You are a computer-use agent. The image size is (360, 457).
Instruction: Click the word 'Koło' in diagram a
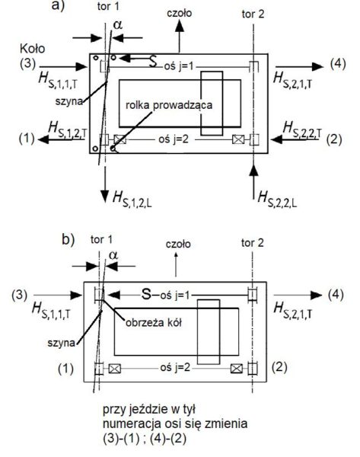(x=32, y=49)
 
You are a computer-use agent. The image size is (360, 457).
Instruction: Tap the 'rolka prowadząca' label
(x=169, y=105)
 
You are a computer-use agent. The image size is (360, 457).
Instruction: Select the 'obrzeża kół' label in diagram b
(x=154, y=323)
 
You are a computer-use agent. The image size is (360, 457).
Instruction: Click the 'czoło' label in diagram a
(x=179, y=13)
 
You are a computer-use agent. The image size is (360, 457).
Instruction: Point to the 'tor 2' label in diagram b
(x=252, y=243)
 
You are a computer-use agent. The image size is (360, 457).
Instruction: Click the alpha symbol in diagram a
(x=118, y=25)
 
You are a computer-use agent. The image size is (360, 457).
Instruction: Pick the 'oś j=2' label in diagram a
(x=174, y=139)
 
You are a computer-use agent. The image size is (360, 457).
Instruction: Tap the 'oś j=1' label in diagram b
(x=174, y=296)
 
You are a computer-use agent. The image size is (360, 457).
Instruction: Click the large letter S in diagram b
(x=146, y=294)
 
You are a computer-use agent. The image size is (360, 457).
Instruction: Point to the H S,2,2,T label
(x=302, y=129)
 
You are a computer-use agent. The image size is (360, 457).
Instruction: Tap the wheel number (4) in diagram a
(x=338, y=64)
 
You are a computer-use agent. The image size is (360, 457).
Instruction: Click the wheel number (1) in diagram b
(x=65, y=369)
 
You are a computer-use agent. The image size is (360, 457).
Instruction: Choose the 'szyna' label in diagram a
(x=69, y=101)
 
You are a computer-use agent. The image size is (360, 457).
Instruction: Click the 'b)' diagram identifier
(x=68, y=240)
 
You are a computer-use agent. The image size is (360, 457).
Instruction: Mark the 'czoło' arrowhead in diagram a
(x=180, y=26)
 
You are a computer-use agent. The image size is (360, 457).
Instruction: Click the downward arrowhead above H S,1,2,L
(x=105, y=197)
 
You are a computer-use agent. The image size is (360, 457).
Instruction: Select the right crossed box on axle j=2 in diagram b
(x=237, y=369)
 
